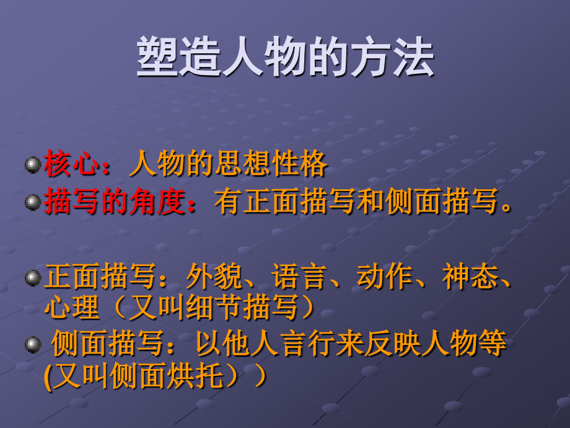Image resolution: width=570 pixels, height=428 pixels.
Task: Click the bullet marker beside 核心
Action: point(32,165)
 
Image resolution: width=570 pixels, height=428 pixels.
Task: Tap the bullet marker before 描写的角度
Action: point(32,203)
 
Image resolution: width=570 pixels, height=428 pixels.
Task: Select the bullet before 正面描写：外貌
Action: point(32,278)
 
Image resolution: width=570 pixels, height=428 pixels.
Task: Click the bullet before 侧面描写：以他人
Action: point(32,344)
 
